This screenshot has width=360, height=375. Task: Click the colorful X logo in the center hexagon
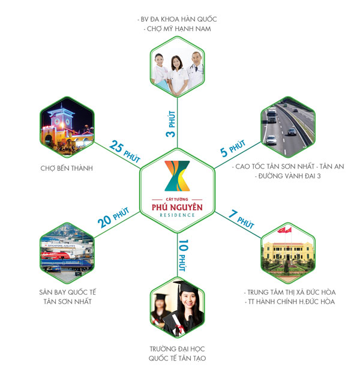pyautogui.click(x=180, y=177)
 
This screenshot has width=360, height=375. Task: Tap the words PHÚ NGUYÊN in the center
pyautogui.click(x=180, y=207)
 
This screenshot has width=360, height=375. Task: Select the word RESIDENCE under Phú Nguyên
pyautogui.click(x=180, y=215)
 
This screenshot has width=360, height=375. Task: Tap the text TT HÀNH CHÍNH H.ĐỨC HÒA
pyautogui.click(x=292, y=301)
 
